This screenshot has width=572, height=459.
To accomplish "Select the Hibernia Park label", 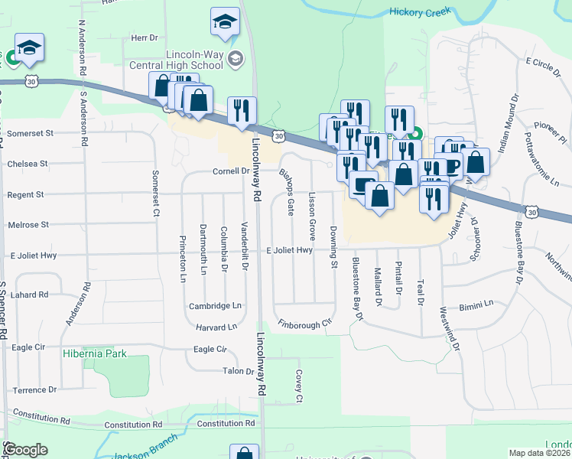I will [x=95, y=353].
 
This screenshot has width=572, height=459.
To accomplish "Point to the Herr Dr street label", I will [x=144, y=37].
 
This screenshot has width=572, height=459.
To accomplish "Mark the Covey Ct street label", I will [x=298, y=387].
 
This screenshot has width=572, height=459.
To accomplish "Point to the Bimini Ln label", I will [x=476, y=304].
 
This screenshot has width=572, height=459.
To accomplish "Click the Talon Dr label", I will [x=238, y=371].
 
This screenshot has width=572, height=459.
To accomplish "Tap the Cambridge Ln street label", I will [x=215, y=306].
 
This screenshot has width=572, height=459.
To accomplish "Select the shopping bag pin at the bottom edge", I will [x=243, y=454].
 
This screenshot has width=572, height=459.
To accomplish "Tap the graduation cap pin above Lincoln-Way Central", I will [x=225, y=21].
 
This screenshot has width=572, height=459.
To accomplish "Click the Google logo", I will [x=25, y=450].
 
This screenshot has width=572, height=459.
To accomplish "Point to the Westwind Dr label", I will [x=450, y=330].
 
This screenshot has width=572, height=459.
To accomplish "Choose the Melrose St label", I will [x=28, y=225].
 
